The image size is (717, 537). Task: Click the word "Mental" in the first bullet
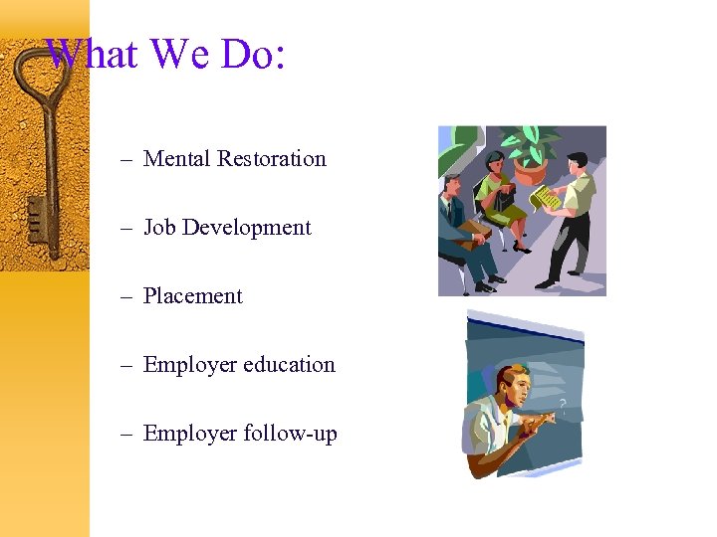pyautogui.click(x=176, y=159)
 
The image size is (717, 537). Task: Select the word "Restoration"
pyautogui.click(x=272, y=159)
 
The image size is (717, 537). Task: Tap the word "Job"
pyautogui.click(x=159, y=228)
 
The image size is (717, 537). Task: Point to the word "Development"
pyautogui.click(x=246, y=228)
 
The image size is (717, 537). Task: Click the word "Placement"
pyautogui.click(x=193, y=296)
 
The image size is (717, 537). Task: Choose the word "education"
pyautogui.click(x=289, y=365)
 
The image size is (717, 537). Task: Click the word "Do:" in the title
pyautogui.click(x=254, y=54)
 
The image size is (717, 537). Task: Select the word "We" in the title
pyautogui.click(x=180, y=54)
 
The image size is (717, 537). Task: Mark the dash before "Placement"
pyautogui.click(x=126, y=296)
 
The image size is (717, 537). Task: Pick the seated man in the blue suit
pyautogui.click(x=460, y=224)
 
